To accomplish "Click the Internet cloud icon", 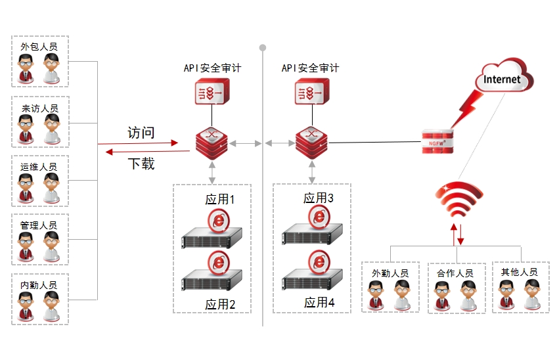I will pos(502,78).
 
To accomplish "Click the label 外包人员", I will pos(39,47).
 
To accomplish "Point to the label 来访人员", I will pos(39,108).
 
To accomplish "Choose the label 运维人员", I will pos(39,167).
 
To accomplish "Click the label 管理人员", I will pos(39,225).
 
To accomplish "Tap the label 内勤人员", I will pos(39,284).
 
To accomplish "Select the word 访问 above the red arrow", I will pos(141,133).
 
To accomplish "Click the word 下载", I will pos(141,164).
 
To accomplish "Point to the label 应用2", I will pos(219,304).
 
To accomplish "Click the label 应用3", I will pos(319,198).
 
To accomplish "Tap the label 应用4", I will pos(319,303).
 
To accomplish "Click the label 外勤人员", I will pos(390,273).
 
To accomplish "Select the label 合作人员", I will pos(455,273).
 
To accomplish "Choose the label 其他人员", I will pos(519,272).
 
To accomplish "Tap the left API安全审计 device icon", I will pos(212,92).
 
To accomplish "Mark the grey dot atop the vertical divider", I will pos(263,48).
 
